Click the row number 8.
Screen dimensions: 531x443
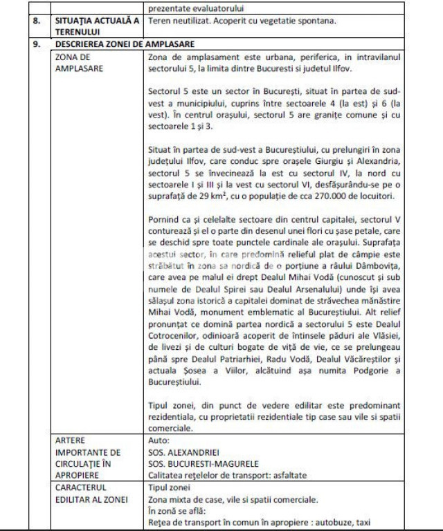37,21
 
